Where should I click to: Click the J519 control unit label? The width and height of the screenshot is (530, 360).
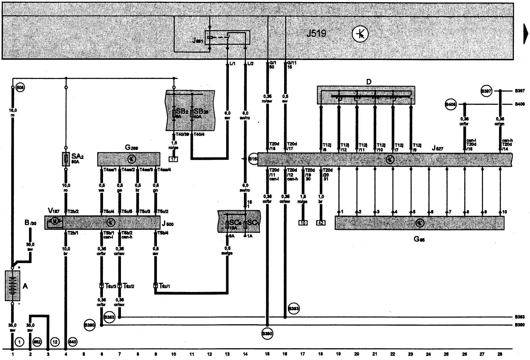coord(316,33)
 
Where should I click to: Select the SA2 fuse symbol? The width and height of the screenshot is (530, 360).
coord(66,159)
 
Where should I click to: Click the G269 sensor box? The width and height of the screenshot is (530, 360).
coord(129,159)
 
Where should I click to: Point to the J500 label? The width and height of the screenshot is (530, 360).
coord(168,224)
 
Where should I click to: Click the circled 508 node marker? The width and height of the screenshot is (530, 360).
coord(20,87)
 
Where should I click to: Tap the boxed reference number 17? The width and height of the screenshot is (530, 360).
coord(173,159)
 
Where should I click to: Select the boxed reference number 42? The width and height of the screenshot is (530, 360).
coord(321,223)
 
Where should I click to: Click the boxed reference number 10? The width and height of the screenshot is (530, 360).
coord(303,223)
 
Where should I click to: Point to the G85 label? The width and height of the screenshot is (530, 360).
coord(419,239)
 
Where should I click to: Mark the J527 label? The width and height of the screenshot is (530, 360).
coord(437,148)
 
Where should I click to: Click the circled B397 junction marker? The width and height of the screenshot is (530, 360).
coord(486,91)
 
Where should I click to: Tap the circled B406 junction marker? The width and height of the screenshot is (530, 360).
coord(450,104)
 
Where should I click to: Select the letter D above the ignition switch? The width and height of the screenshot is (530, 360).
coord(369,82)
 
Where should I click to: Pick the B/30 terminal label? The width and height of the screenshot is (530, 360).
coord(30,223)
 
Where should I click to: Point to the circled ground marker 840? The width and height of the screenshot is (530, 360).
coord(72,342)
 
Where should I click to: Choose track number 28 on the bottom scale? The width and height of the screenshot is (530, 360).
coord(500,354)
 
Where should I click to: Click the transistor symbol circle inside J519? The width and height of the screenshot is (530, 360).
coord(360,34)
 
